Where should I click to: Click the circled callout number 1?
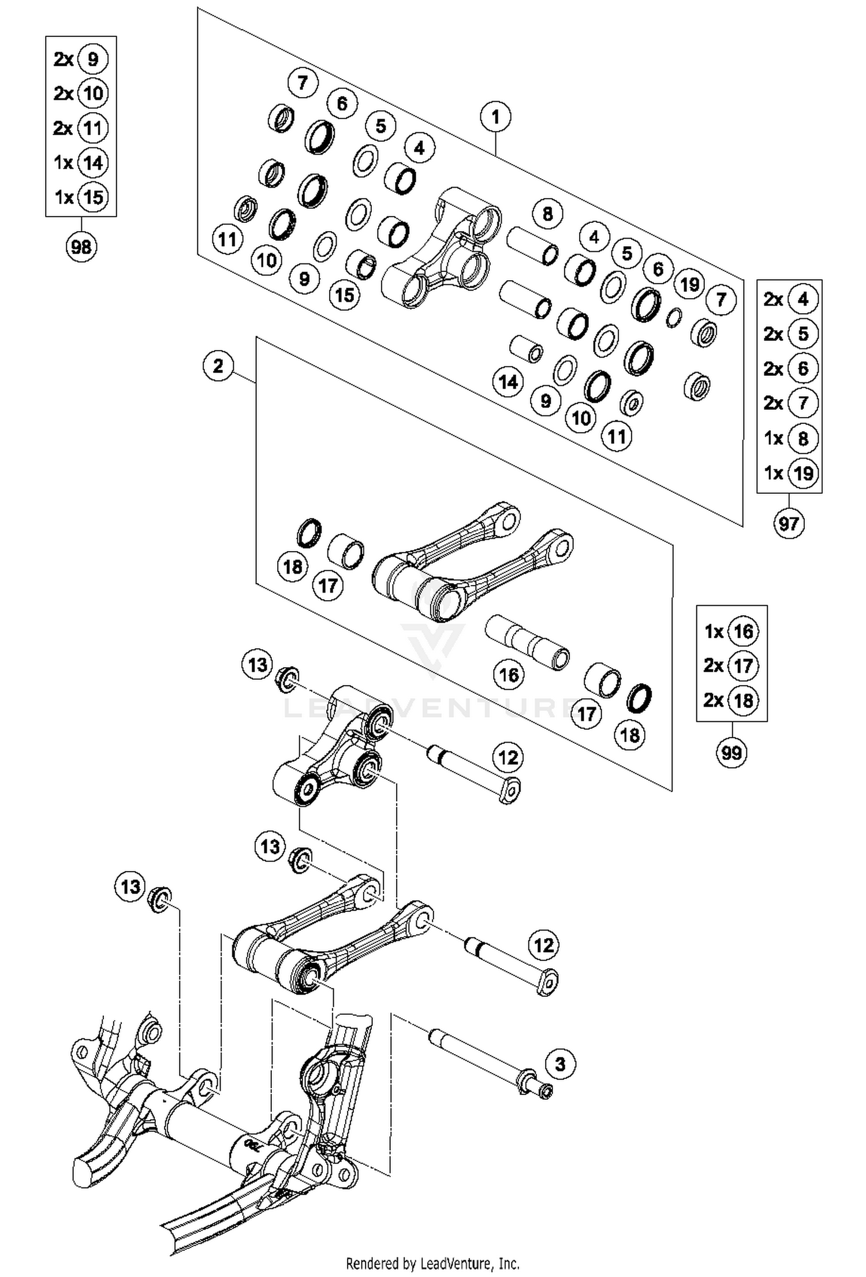[x=495, y=117]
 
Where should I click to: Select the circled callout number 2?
[x=218, y=366]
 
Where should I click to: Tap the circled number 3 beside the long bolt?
[x=560, y=1063]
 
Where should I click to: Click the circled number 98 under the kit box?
[x=81, y=247]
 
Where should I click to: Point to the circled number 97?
[x=789, y=524]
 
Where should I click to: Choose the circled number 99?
[x=731, y=753]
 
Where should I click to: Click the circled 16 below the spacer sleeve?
[x=509, y=675]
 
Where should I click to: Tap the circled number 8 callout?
[x=547, y=214]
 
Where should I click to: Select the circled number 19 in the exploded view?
[x=689, y=284]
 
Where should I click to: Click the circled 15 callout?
[x=345, y=295]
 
